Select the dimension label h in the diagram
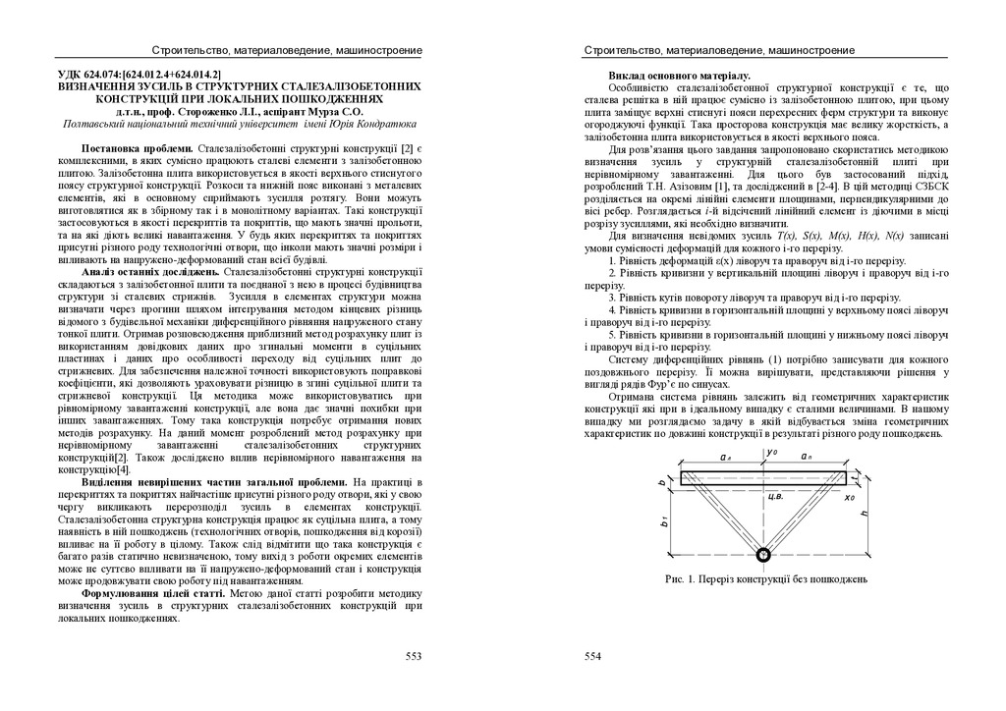point(864,514)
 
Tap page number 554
point(592,656)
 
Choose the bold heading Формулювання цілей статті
point(154,594)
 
